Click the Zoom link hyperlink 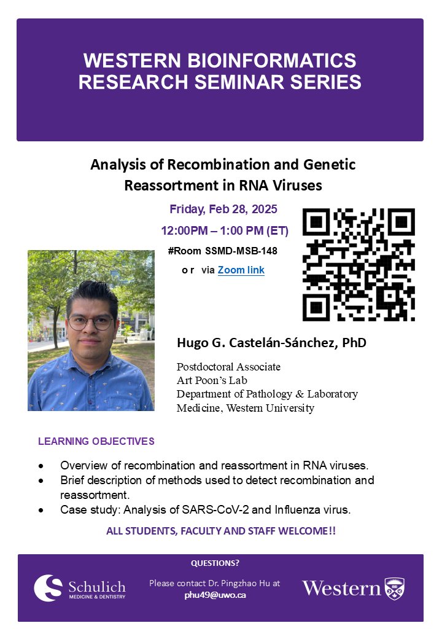(x=241, y=270)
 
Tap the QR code (x=359, y=264)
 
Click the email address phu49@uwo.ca (x=215, y=595)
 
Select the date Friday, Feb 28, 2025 (x=223, y=209)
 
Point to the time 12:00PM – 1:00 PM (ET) (x=225, y=231)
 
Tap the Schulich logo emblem (x=48, y=588)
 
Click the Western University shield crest (x=395, y=588)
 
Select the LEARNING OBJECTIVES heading (x=96, y=441)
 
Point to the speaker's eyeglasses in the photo (x=91, y=322)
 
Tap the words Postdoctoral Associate (x=228, y=367)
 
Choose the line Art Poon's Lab (x=212, y=380)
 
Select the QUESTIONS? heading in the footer (x=215, y=563)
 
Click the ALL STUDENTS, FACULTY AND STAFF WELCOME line (x=221, y=531)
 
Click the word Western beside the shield (x=341, y=589)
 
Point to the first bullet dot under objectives (x=41, y=466)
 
